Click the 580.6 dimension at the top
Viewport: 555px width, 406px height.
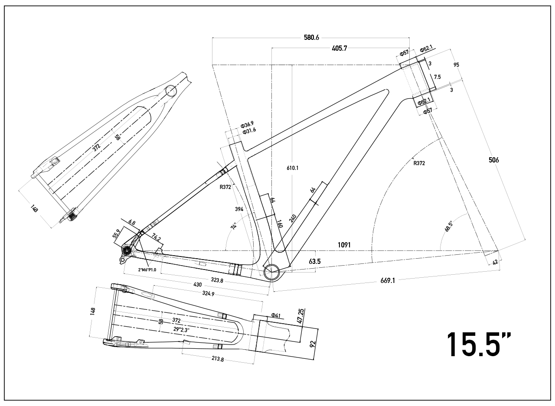coord(311,38)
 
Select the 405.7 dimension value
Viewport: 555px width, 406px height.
coord(339,49)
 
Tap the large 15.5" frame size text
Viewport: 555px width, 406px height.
coord(479,345)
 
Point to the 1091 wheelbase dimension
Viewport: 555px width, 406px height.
coord(344,245)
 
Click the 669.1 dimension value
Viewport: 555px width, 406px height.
coord(387,281)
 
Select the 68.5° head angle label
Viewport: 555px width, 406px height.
coord(449,227)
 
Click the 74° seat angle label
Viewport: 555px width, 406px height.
coord(234,226)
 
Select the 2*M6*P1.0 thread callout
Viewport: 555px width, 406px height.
coord(147,270)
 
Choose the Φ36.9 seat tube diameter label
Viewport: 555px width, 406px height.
coord(248,125)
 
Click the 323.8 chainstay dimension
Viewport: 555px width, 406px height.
coord(216,280)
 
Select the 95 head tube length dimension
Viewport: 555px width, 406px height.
coord(456,65)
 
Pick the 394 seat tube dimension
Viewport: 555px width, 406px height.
coord(239,209)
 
